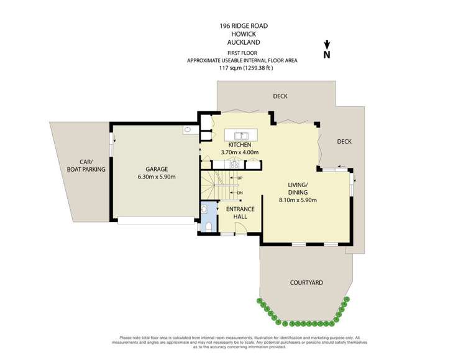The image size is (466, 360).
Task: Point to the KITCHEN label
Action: [239, 145]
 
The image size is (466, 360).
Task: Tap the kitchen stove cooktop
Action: [235, 165]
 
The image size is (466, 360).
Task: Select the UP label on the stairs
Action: [240, 178]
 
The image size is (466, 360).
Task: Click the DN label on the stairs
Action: [240, 192]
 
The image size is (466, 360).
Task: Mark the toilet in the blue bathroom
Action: [209, 225]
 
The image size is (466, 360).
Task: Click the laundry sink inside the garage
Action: [187, 131]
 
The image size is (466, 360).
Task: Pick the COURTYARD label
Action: [306, 282]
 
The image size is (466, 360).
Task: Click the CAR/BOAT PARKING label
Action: [88, 165]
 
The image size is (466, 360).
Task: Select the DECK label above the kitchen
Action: [280, 96]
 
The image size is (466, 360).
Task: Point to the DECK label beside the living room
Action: [344, 142]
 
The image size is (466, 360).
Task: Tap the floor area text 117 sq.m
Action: [245, 68]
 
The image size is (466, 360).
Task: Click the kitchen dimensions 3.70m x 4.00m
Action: [239, 152]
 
